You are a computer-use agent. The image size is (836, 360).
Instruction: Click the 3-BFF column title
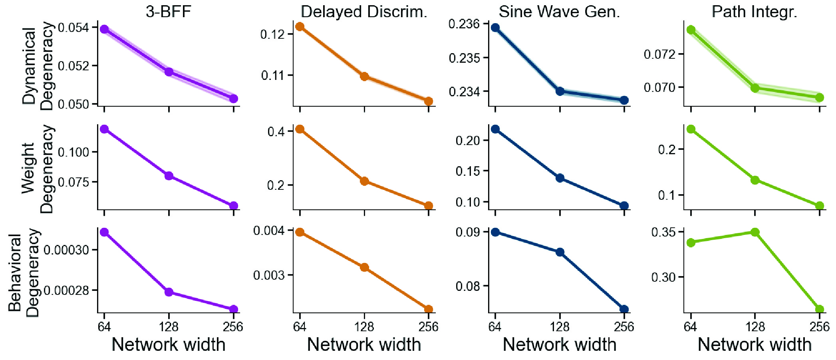point(168,12)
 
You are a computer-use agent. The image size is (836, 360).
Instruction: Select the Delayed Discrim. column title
point(364,12)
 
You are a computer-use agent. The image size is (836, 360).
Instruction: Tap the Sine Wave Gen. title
point(559,12)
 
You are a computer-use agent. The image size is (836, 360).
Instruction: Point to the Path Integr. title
point(754,12)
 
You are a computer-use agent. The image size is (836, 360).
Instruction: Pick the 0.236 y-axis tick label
point(464,24)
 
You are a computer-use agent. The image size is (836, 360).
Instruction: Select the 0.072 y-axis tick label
point(659,54)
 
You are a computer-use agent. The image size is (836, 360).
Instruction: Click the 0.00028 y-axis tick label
point(66,290)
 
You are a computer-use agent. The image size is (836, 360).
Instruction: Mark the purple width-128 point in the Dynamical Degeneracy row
point(169,72)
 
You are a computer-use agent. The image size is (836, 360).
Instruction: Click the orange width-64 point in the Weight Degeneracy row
point(300,129)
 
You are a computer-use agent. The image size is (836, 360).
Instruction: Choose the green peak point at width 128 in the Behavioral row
point(755,232)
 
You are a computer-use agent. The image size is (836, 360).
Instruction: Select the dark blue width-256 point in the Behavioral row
point(624,309)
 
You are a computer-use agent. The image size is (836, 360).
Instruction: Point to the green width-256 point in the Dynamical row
point(819,97)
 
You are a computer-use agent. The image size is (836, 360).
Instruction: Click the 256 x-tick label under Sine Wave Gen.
point(624,327)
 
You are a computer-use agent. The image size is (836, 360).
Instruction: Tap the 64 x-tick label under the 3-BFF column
point(104,327)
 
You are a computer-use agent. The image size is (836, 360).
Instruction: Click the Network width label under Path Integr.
point(754,344)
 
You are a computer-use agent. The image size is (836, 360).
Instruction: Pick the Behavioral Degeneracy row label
point(24,272)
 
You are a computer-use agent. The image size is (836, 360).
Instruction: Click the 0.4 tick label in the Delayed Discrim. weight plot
point(276,131)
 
